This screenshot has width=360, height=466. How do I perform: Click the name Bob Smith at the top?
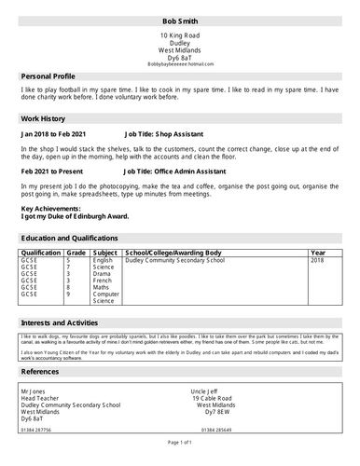pos(180,19)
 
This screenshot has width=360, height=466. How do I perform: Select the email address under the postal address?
pos(180,63)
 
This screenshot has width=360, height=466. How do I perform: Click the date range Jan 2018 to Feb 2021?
pos(59,134)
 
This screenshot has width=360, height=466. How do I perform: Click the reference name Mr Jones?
pos(35,391)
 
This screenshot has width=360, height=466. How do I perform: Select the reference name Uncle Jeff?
pos(208,391)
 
